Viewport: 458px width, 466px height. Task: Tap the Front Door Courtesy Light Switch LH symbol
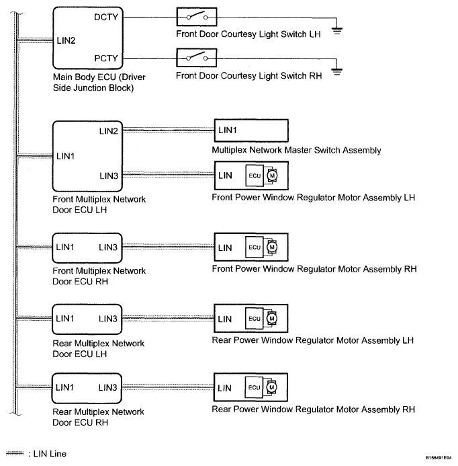click(195, 15)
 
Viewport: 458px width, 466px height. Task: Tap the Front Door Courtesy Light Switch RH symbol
click(195, 56)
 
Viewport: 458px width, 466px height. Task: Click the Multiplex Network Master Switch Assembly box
click(250, 130)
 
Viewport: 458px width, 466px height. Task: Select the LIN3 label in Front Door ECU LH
click(108, 176)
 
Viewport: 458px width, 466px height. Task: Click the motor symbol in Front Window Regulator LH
click(272, 176)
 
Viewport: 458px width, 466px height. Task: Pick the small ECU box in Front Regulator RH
click(254, 247)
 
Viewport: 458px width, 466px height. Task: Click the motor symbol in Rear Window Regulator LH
click(272, 318)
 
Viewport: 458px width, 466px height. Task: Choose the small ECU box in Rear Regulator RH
click(254, 388)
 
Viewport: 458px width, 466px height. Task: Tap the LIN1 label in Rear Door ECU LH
click(66, 317)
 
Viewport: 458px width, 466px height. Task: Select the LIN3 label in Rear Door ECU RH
click(108, 387)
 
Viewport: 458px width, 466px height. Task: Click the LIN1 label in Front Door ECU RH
click(66, 247)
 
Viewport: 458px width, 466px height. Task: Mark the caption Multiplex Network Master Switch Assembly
click(296, 151)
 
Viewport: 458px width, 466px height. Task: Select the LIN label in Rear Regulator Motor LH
click(225, 318)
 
